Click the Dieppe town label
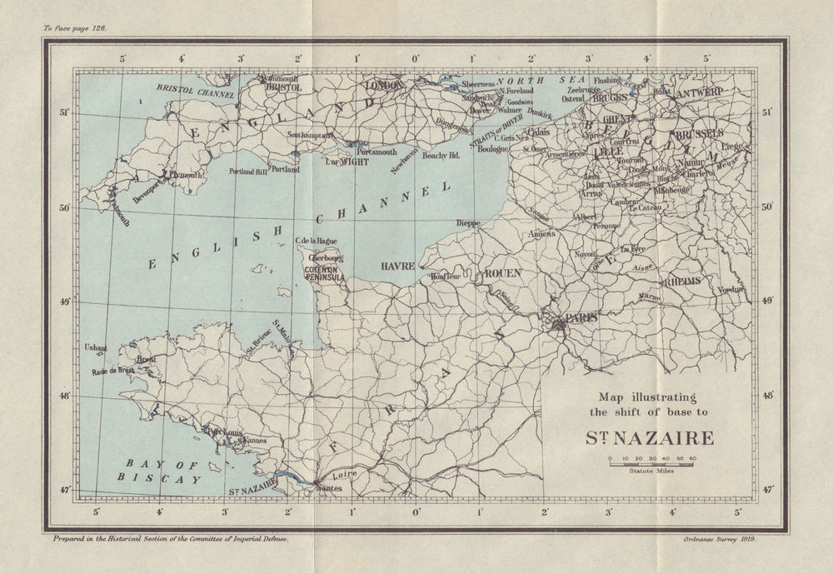[x=469, y=223]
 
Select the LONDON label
[x=384, y=86]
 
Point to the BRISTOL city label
[x=282, y=86]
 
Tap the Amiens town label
[x=541, y=235]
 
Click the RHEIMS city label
[x=682, y=283]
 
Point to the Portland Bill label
[x=249, y=170]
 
